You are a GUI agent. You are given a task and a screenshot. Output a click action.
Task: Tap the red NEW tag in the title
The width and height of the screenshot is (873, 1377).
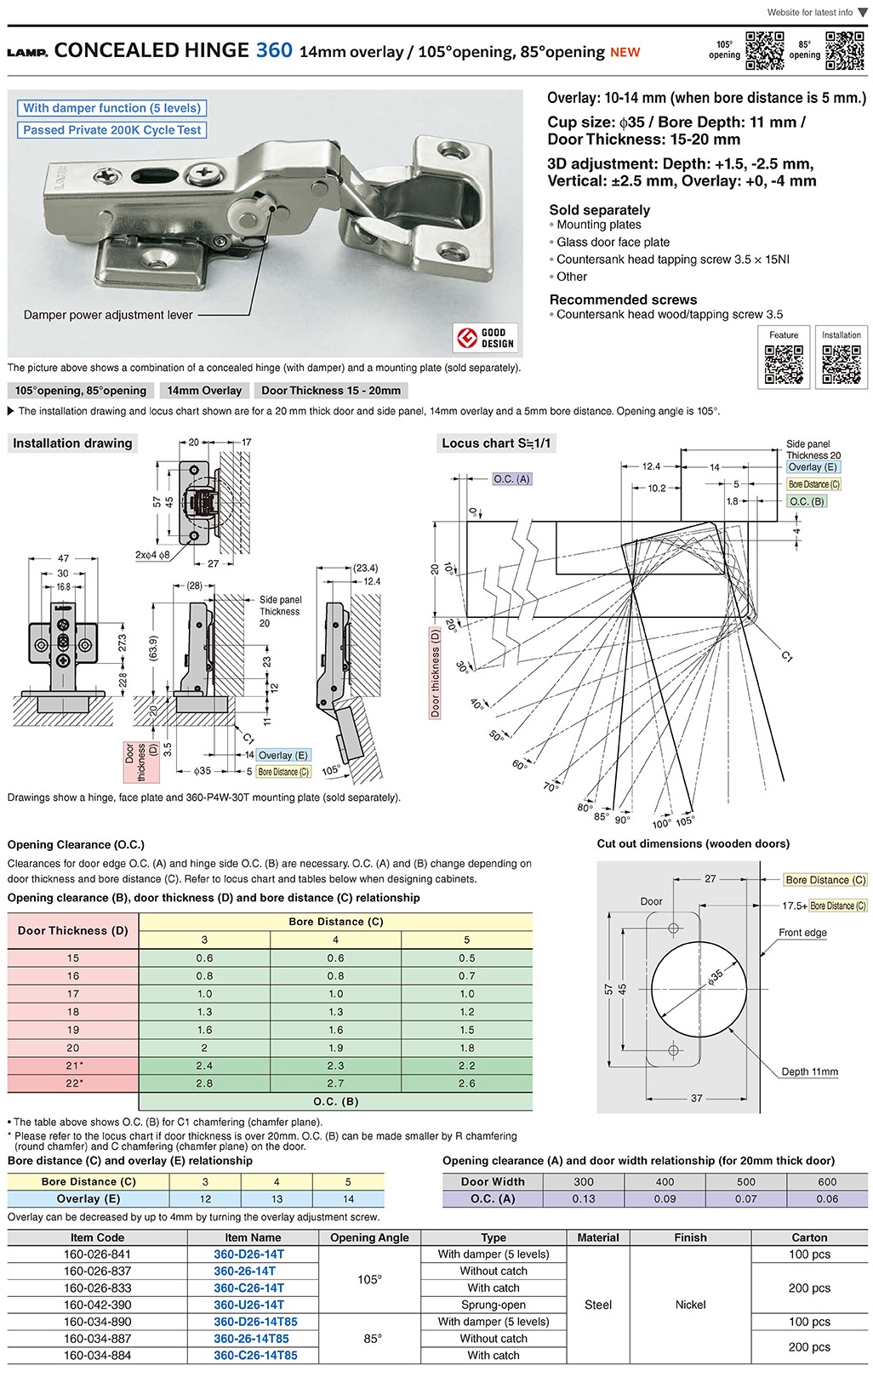click(625, 53)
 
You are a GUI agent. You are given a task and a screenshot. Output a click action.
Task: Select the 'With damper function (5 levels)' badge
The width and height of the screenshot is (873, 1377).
click(111, 108)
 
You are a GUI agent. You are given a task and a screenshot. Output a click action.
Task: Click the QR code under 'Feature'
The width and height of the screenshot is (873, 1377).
click(784, 364)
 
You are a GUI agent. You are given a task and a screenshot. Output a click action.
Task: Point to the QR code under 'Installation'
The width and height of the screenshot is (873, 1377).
click(841, 364)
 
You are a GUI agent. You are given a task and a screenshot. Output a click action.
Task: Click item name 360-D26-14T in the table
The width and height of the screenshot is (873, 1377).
click(248, 1254)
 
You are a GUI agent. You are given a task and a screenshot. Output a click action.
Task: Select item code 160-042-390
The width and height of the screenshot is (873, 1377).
click(98, 1305)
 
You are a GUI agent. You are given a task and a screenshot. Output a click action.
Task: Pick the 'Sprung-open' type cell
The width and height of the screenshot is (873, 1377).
click(494, 1305)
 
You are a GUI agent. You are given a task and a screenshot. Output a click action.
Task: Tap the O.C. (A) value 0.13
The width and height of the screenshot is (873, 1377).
click(584, 1198)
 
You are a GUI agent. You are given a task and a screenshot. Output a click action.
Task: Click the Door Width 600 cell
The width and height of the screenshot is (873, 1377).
click(827, 1181)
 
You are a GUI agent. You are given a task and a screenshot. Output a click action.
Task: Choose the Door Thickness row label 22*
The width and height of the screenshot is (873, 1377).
click(74, 1083)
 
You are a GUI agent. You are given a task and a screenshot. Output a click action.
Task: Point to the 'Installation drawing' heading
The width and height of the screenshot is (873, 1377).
click(72, 443)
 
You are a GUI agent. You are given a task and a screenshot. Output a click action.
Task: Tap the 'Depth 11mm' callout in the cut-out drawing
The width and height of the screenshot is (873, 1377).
click(809, 1071)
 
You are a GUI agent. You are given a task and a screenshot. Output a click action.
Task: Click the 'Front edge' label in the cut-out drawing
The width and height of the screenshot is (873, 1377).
click(802, 933)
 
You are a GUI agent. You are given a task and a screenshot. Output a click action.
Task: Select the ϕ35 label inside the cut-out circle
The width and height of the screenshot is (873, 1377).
click(715, 977)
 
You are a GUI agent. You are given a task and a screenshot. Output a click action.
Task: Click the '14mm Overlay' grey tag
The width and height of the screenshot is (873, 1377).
click(204, 391)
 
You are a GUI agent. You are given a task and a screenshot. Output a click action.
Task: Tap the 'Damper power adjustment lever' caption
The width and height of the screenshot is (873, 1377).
click(108, 315)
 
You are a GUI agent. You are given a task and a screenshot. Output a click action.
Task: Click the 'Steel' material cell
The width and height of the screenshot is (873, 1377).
click(598, 1305)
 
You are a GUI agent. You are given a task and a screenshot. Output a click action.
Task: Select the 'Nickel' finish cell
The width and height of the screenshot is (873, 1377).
click(690, 1305)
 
